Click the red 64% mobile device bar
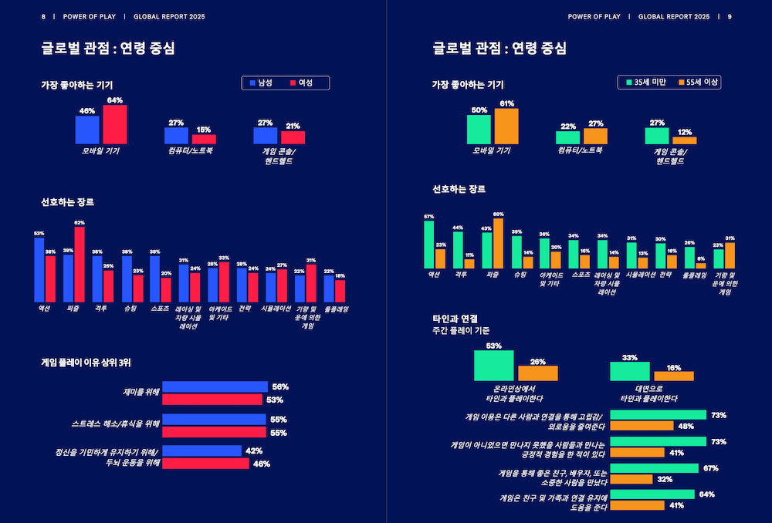pyautogui.click(x=114, y=125)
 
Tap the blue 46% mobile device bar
pyautogui.click(x=87, y=130)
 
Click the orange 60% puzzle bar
pyautogui.click(x=498, y=243)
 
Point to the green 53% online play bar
pyautogui.click(x=494, y=366)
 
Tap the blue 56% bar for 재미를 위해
pyautogui.click(x=214, y=386)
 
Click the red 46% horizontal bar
pyautogui.click(x=205, y=464)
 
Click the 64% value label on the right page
pyautogui.click(x=706, y=494)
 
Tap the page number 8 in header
pyautogui.click(x=43, y=16)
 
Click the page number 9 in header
pyautogui.click(x=730, y=16)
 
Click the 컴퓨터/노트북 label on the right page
pyautogui.click(x=580, y=150)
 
